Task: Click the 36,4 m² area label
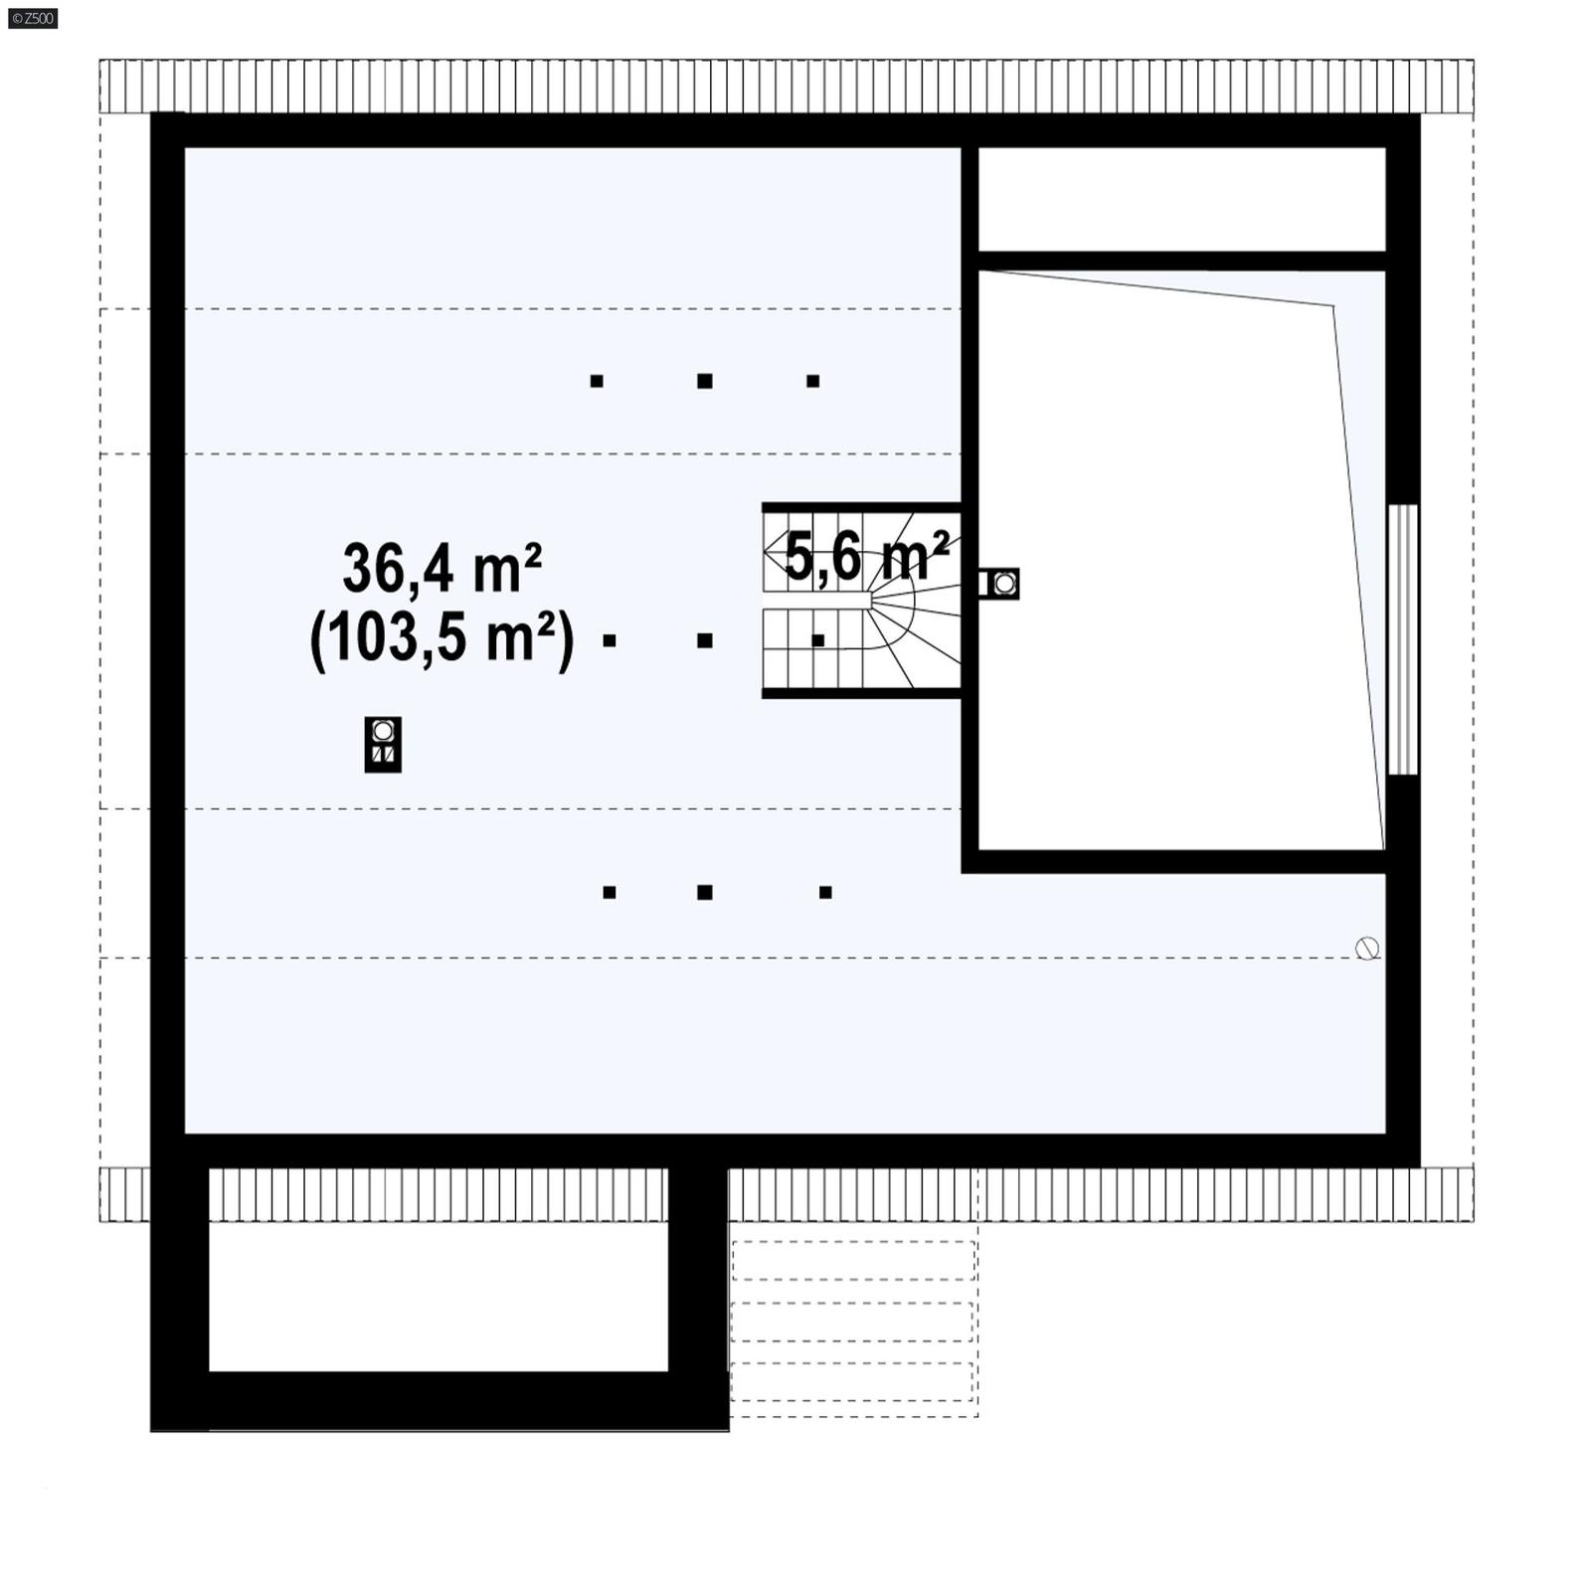pos(442,569)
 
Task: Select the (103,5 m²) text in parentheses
pos(442,637)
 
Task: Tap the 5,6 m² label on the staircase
pos(866,557)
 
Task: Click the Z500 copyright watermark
pos(33,18)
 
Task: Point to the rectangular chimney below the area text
pos(383,744)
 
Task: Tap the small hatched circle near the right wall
pos(1367,949)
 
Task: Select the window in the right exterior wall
pos(1402,639)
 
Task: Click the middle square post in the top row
pos(705,381)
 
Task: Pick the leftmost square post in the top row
pos(597,381)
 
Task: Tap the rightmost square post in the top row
pos(812,381)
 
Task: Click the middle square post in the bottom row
pos(705,892)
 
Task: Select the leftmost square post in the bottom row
pos(610,892)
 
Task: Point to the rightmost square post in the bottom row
pos(825,892)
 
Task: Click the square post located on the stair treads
pos(818,641)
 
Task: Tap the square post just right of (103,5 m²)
pos(610,641)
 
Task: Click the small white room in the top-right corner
pos(1181,199)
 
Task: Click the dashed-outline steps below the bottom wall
pos(853,1323)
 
